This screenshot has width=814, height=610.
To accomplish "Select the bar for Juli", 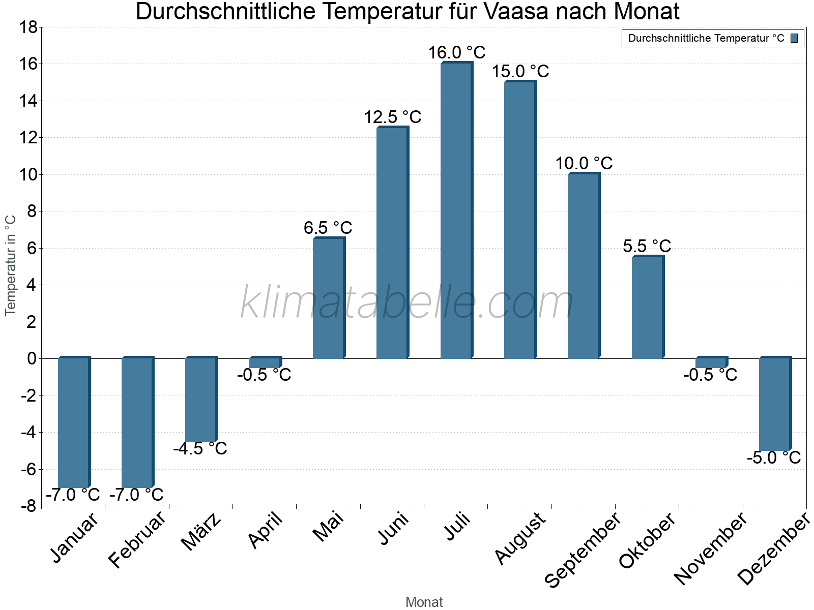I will [x=456, y=211].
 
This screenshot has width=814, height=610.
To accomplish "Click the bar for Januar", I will [x=73, y=422].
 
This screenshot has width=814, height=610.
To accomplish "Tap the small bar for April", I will [x=265, y=362].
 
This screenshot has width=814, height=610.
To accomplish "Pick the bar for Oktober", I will [x=647, y=308].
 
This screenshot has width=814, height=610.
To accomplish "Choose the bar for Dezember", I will [x=774, y=404].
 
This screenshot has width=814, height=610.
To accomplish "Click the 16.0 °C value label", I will [x=456, y=52].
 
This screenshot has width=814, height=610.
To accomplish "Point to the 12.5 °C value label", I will [x=392, y=117].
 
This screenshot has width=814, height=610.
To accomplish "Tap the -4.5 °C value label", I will [x=200, y=448].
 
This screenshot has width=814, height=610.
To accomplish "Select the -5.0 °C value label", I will [x=774, y=457].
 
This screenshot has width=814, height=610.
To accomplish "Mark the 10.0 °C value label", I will [x=584, y=163].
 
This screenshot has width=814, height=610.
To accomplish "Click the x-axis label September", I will [x=583, y=549].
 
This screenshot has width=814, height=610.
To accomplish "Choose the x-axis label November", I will [x=711, y=548].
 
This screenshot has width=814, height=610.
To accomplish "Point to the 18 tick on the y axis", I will [x=28, y=27].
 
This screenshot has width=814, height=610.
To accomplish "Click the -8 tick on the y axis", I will [x=28, y=506].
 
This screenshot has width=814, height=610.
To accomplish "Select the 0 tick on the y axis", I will [x=32, y=358].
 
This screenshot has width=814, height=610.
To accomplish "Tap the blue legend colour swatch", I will [x=794, y=38].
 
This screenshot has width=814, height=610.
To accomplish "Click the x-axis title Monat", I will [x=424, y=602].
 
